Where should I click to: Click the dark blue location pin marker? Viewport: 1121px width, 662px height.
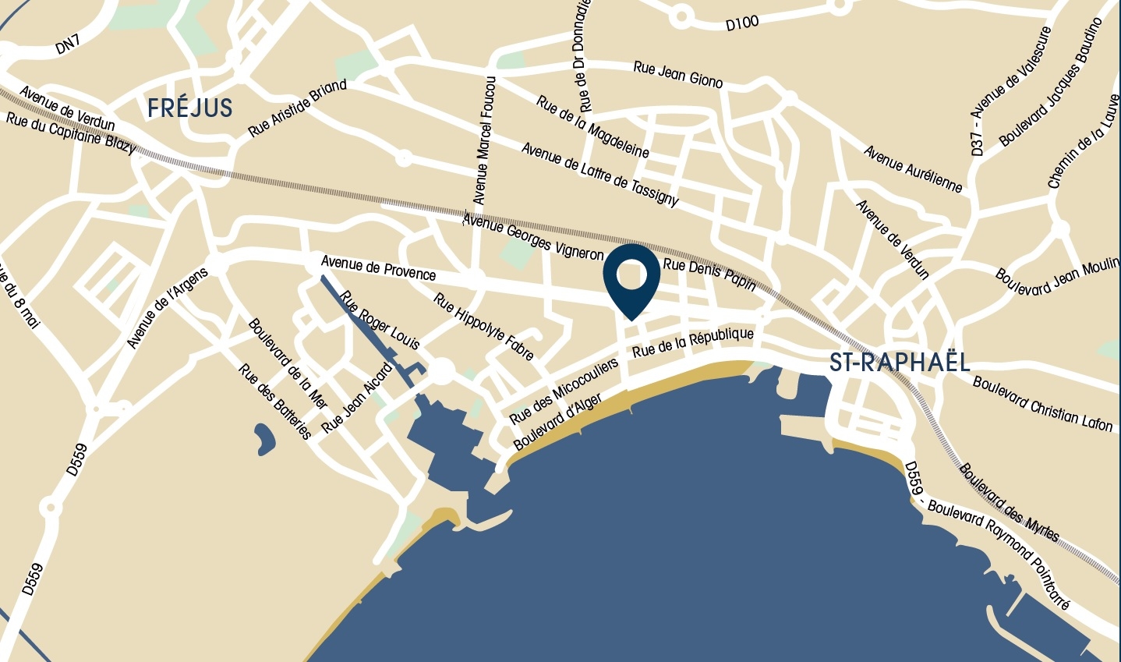(x=631, y=278)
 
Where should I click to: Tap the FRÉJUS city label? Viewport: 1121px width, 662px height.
(x=190, y=108)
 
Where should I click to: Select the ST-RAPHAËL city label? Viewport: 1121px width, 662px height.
(x=900, y=362)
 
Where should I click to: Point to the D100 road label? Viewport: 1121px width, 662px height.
(x=741, y=23)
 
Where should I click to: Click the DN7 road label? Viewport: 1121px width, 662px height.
(x=68, y=44)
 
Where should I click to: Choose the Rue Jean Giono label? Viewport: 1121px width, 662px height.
(x=678, y=74)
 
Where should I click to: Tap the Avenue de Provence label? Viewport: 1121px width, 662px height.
(x=378, y=267)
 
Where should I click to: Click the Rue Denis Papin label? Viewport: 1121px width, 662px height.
(x=709, y=274)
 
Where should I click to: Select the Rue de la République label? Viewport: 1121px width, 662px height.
(x=693, y=342)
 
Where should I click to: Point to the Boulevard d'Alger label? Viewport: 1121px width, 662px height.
(x=557, y=422)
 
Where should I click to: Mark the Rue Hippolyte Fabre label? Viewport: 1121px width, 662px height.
(x=484, y=327)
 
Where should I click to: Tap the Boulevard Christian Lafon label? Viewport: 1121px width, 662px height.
(x=1043, y=403)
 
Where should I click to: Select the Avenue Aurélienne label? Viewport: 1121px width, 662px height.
(x=913, y=168)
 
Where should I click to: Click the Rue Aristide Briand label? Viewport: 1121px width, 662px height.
(x=297, y=108)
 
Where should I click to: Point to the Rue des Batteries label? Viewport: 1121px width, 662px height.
(x=275, y=401)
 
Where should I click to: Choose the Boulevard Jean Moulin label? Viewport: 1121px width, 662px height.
(x=1057, y=278)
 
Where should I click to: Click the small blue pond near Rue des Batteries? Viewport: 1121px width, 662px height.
(x=264, y=438)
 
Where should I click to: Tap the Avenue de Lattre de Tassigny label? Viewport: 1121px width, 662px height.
(x=599, y=174)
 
